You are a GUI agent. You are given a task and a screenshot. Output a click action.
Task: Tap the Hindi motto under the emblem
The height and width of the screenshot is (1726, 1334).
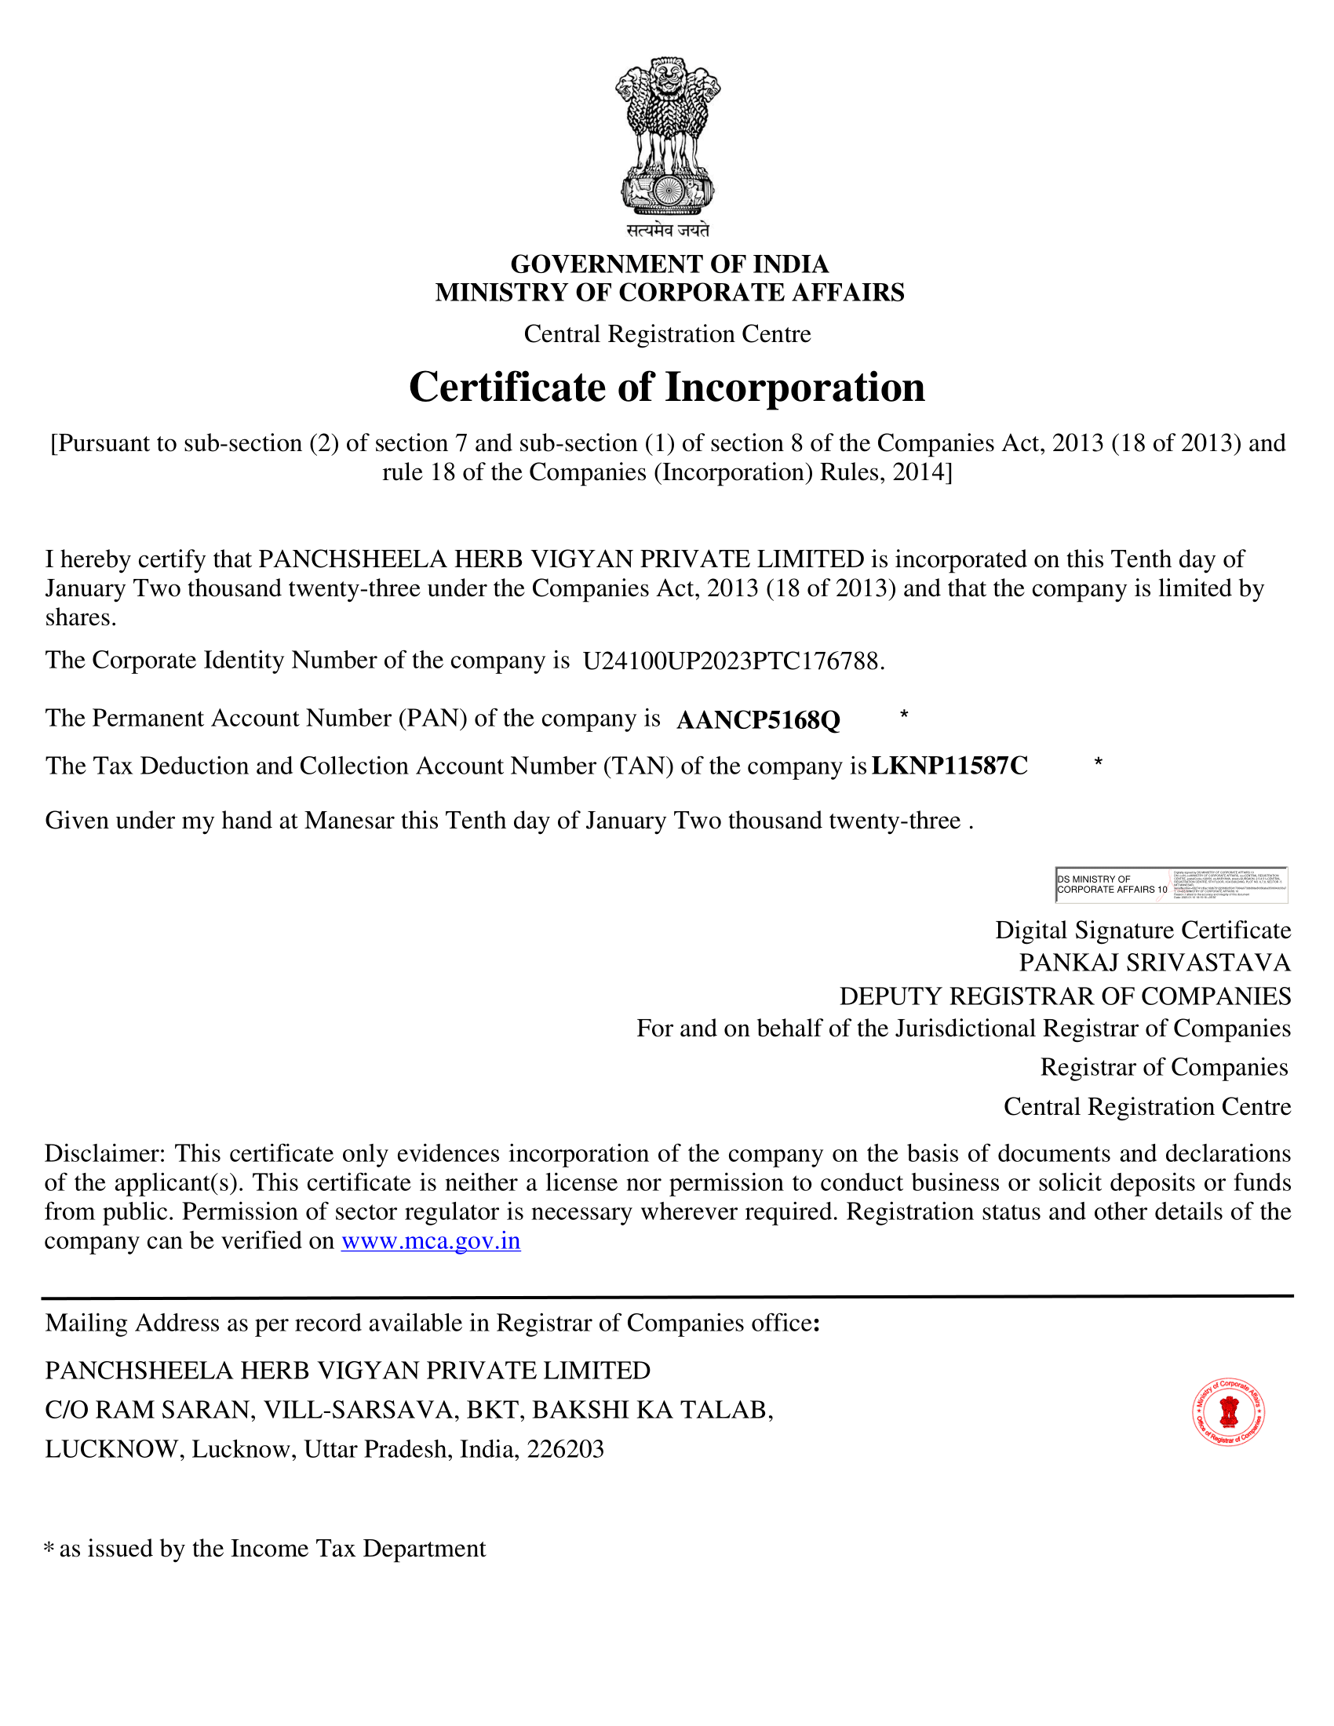[668, 230]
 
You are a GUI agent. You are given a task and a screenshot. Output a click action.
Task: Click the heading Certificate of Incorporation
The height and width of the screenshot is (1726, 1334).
[666, 388]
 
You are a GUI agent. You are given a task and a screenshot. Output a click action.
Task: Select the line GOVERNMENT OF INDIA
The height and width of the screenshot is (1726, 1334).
[669, 264]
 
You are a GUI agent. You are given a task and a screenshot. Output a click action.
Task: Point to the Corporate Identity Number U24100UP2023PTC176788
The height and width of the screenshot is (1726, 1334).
[732, 661]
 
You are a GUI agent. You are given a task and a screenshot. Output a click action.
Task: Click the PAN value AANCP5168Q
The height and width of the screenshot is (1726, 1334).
[758, 720]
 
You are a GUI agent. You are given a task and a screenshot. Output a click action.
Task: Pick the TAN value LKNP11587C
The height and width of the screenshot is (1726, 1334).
[949, 766]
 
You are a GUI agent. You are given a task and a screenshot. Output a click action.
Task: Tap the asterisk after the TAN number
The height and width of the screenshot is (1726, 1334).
[1098, 762]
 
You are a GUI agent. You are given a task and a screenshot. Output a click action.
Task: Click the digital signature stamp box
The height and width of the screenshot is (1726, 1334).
[1172, 884]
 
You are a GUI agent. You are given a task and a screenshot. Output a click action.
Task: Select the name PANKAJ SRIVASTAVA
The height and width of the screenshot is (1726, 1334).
[1154, 963]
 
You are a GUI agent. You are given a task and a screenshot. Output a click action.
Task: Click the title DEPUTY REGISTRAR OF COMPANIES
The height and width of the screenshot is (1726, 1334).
[1065, 996]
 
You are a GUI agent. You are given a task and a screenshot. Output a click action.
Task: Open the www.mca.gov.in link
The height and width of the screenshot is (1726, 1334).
[431, 1241]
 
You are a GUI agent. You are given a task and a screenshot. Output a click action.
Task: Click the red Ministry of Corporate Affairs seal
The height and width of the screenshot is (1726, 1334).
[1228, 1412]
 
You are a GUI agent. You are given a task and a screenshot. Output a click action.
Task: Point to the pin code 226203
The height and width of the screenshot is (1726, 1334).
[565, 1448]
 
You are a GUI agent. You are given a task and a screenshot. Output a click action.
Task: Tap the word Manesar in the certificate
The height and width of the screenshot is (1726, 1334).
[348, 821]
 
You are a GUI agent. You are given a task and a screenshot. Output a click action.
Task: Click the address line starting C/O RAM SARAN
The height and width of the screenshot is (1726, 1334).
[409, 1410]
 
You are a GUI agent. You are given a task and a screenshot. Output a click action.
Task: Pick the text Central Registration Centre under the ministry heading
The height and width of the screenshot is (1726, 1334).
[667, 334]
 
